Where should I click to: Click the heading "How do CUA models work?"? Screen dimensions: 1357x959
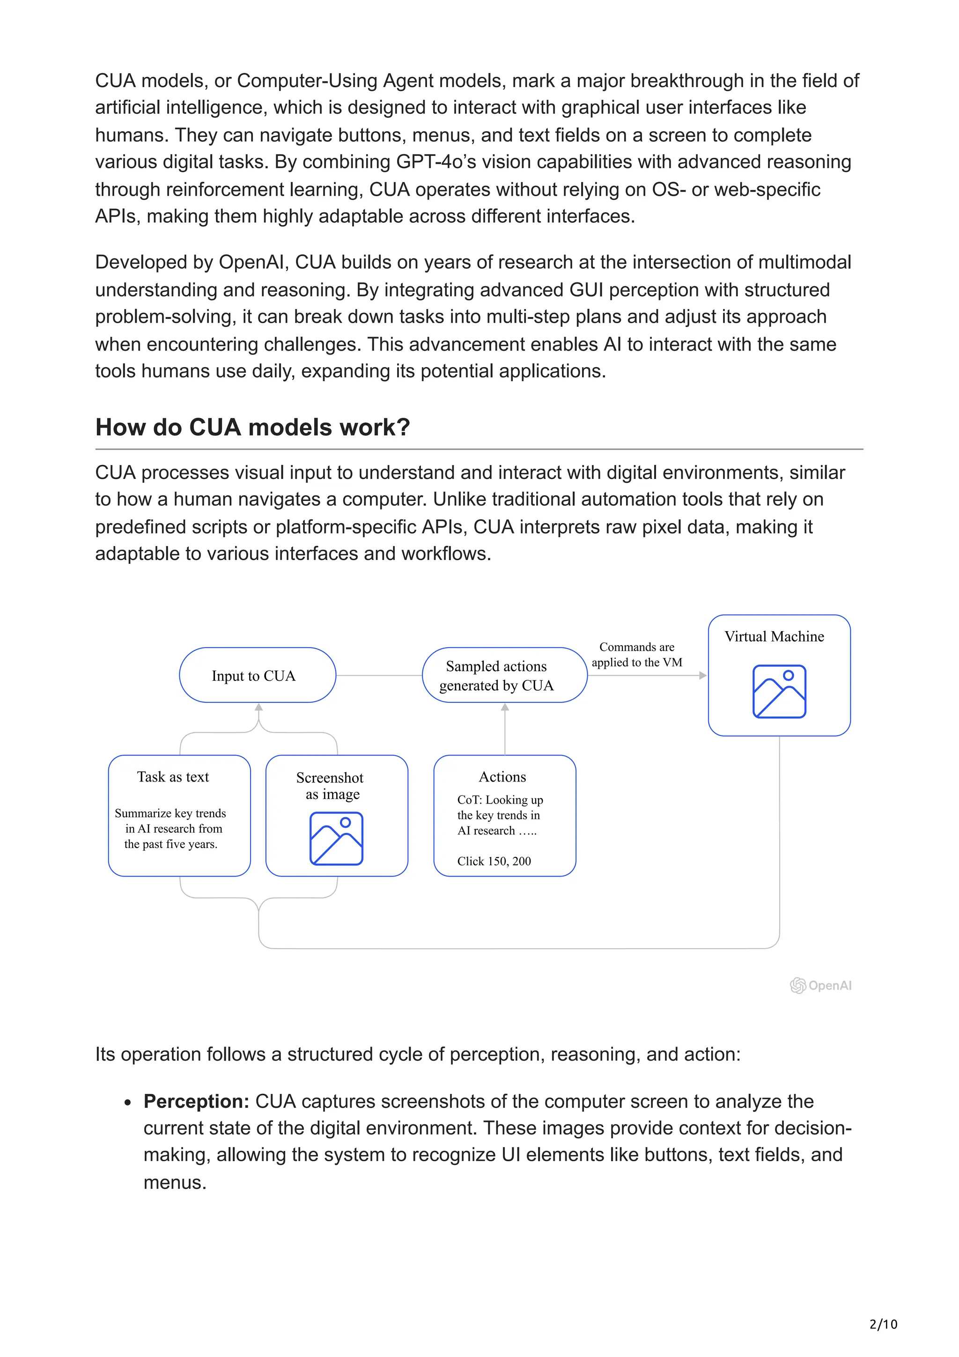252,428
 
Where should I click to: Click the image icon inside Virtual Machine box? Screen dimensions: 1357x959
779,691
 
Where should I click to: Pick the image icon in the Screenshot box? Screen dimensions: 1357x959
336,838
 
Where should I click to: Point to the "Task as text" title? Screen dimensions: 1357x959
173,777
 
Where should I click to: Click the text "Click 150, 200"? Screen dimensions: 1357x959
494,861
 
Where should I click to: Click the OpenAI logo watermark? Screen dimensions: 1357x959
821,985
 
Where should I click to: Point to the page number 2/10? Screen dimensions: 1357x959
883,1324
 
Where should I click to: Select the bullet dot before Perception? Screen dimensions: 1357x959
128,1102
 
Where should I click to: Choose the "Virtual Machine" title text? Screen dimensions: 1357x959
774,636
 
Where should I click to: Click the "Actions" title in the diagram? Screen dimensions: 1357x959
502,777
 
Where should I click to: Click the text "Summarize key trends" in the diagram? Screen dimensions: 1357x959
170,813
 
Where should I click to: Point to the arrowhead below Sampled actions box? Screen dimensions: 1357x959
505,708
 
